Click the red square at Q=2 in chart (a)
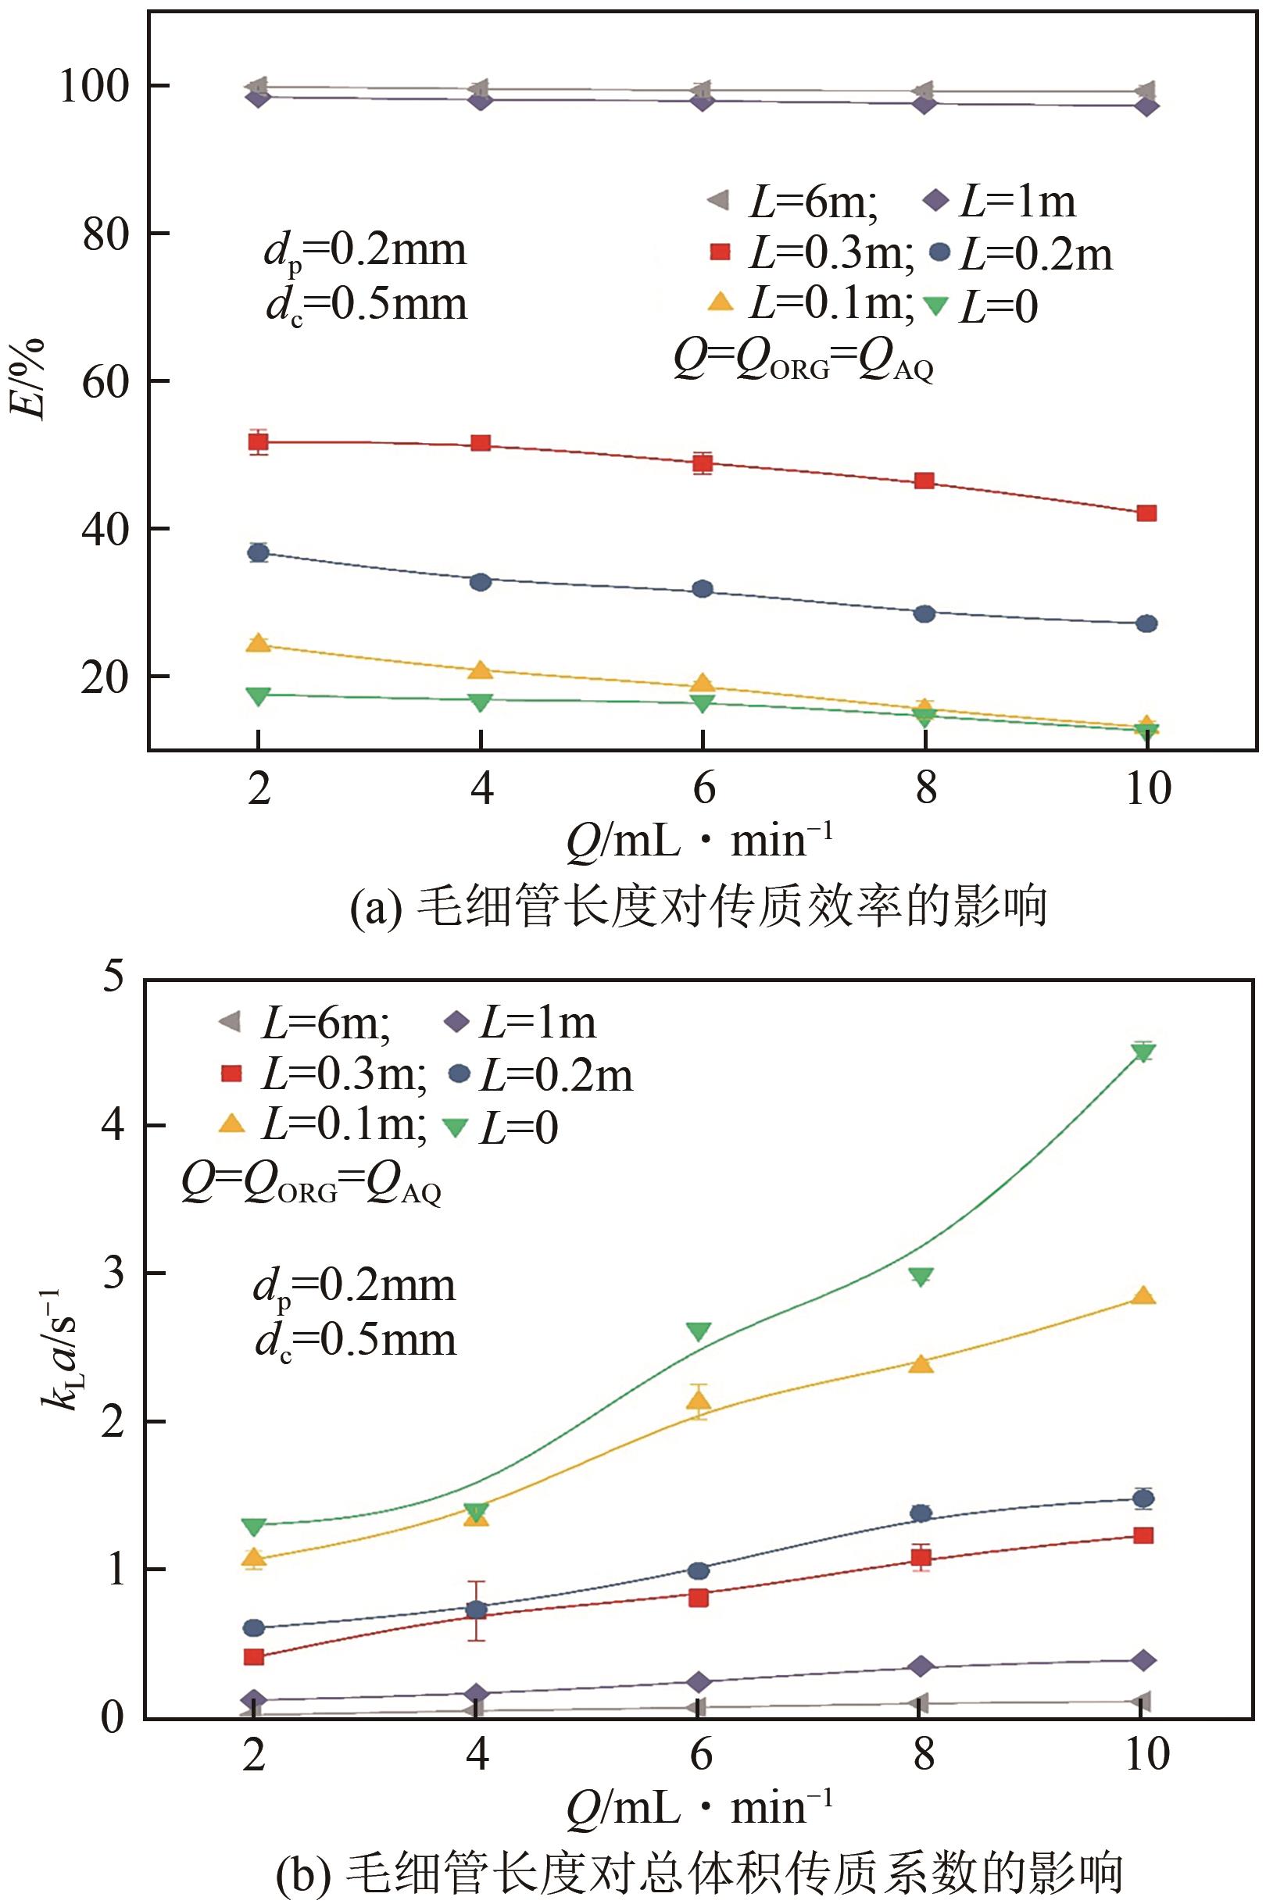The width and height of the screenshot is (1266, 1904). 259,441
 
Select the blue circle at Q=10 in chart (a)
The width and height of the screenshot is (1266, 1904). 1146,623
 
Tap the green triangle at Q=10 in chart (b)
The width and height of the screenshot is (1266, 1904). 1143,1052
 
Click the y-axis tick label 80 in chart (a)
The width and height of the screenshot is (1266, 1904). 105,234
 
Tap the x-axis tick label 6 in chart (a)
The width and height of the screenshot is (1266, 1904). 703,787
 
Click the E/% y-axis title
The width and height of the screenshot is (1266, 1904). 27,380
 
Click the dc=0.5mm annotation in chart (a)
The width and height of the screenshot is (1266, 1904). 367,305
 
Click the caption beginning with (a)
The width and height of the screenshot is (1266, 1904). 699,906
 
